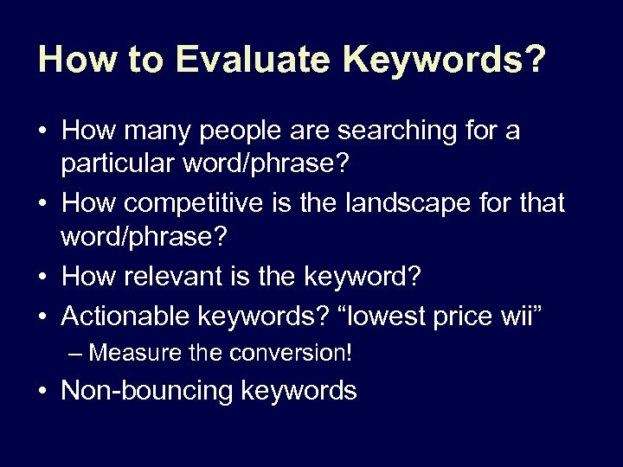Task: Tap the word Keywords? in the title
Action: pos(445,60)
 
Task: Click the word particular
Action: pos(121,163)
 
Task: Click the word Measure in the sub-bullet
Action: pos(127,354)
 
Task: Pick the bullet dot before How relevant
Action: pos(42,277)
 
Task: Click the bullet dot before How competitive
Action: pos(42,205)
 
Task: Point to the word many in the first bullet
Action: pos(151,132)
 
